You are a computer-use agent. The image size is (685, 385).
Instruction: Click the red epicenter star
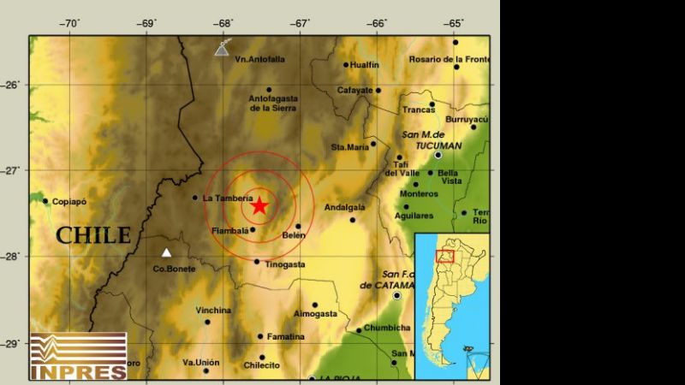point(259,205)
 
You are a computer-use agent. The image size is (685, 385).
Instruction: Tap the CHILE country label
point(93,235)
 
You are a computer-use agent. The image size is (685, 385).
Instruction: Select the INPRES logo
point(78,356)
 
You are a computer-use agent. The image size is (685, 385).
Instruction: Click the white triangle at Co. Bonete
point(167,252)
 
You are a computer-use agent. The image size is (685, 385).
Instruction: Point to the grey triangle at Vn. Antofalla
point(222,50)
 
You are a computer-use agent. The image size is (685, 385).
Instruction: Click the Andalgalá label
point(345,207)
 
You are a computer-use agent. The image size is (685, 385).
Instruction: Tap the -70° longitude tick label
point(70,23)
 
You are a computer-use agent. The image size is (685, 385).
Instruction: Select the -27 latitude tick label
point(11,170)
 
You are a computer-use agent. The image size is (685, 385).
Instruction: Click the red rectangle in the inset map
point(444,255)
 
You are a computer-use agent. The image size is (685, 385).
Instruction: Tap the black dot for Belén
point(297,227)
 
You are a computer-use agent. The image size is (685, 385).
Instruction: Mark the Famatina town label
point(285,336)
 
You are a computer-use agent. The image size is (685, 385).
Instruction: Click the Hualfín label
point(365,64)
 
